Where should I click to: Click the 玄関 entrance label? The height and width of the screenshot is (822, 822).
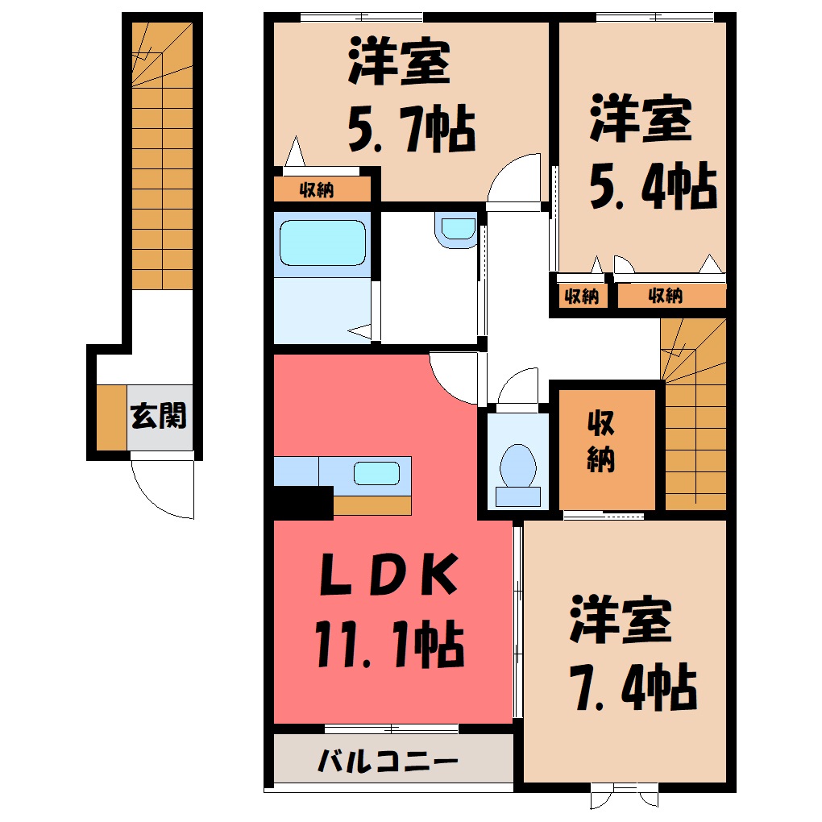click(x=158, y=416)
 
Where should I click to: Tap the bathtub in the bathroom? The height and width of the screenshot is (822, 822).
click(x=322, y=243)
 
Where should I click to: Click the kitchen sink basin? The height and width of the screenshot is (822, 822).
click(x=376, y=473)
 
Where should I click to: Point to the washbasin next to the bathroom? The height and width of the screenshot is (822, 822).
click(x=458, y=230)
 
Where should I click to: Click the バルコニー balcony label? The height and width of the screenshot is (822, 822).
click(x=388, y=761)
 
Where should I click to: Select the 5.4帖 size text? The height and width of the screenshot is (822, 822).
click(x=653, y=185)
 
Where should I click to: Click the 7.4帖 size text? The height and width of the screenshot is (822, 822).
click(x=633, y=687)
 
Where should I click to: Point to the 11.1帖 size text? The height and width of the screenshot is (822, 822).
click(x=389, y=644)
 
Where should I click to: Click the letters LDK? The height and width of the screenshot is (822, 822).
click(x=388, y=575)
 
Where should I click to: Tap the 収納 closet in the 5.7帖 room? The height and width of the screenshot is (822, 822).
click(x=322, y=189)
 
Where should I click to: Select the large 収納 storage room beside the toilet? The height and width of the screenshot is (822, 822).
click(x=607, y=449)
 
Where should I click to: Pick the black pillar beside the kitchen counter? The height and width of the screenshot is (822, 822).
click(x=303, y=503)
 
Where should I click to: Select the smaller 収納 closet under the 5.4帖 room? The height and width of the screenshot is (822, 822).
click(x=582, y=297)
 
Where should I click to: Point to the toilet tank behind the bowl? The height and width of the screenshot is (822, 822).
click(x=518, y=496)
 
